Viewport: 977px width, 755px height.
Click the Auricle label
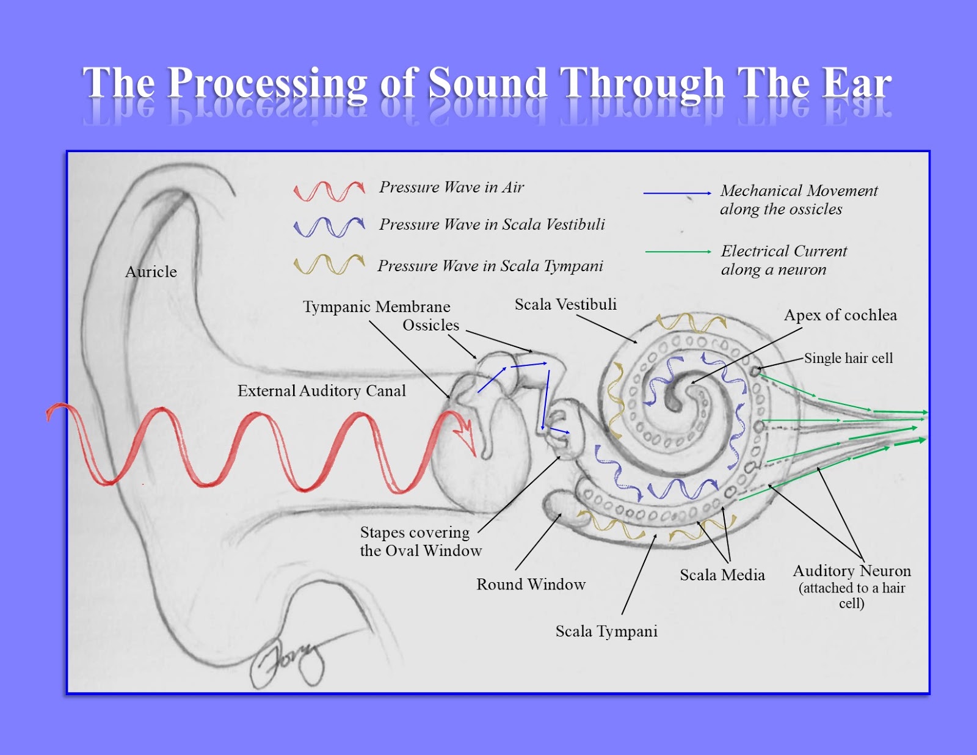(151, 272)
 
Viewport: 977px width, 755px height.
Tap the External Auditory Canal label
(321, 391)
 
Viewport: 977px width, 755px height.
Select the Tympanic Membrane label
(376, 307)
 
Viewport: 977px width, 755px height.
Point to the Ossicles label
(430, 326)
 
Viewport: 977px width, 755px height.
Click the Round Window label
(531, 585)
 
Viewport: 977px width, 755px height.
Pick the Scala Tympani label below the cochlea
(606, 632)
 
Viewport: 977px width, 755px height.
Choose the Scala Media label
(722, 575)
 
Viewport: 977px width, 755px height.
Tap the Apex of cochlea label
(840, 315)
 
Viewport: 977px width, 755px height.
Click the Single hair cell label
(848, 359)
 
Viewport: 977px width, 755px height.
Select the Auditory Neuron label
(852, 572)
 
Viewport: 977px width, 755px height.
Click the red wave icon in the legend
(329, 191)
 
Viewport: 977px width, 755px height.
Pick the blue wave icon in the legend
(329, 227)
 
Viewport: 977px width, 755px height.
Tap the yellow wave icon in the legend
(329, 264)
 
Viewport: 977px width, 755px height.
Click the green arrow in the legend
(678, 252)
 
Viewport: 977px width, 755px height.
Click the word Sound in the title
(487, 83)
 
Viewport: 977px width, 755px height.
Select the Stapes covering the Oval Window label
(420, 542)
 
